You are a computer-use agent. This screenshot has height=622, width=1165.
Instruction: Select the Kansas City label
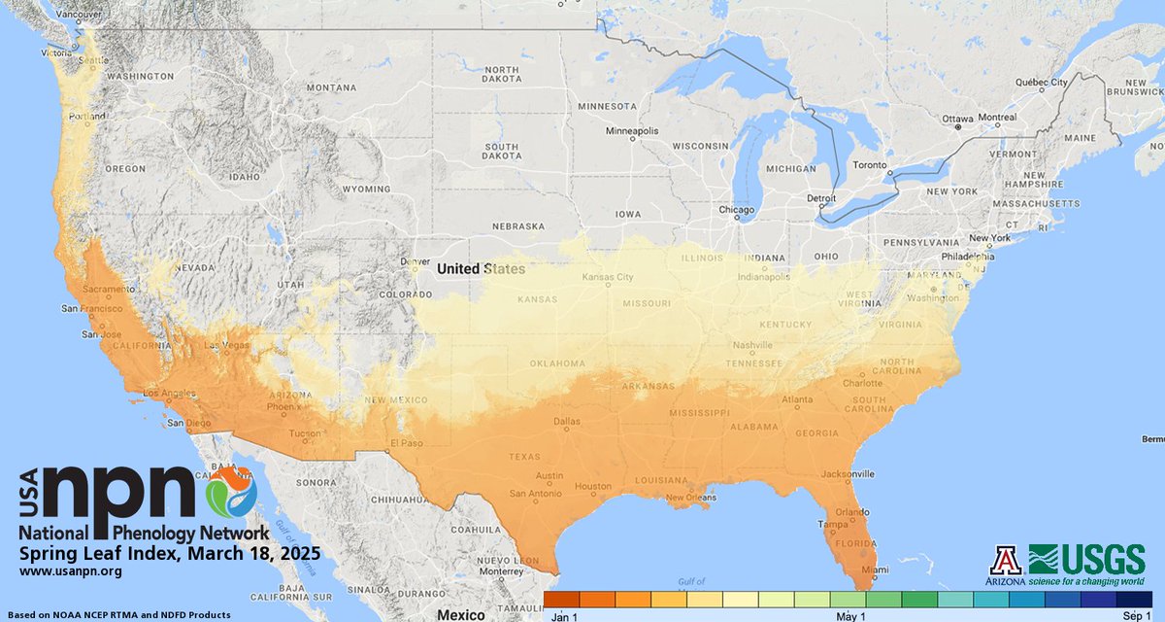[x=607, y=278]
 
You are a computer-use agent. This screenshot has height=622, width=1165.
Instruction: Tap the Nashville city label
[x=753, y=345]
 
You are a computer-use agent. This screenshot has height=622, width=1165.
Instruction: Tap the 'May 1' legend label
[x=849, y=615]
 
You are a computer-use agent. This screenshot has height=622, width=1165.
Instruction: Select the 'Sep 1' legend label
[x=1137, y=615]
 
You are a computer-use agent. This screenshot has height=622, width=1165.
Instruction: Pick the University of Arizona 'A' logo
[x=1005, y=559]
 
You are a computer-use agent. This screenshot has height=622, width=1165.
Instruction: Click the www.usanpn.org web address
[x=70, y=571]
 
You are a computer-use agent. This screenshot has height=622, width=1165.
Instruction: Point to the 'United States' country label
[x=481, y=269]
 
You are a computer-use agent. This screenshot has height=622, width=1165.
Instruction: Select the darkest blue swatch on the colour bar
[x=1134, y=599]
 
